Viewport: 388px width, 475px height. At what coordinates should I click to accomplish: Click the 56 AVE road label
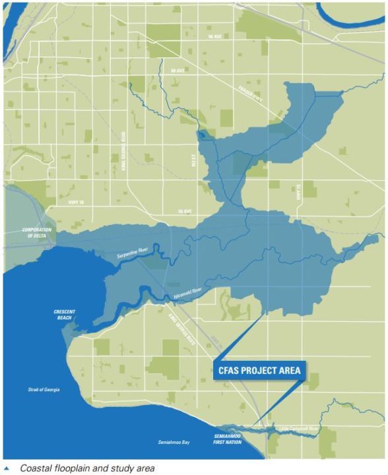point(184,211)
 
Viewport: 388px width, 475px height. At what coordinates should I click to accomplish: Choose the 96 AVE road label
point(214,37)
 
